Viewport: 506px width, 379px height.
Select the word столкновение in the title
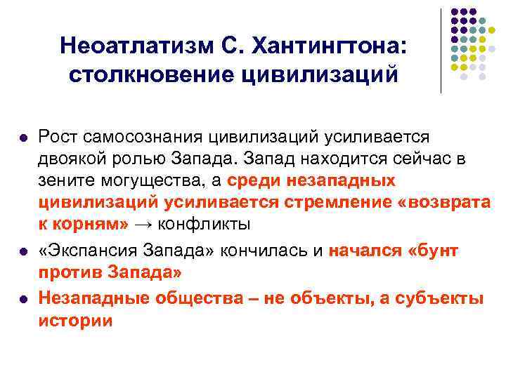point(145,73)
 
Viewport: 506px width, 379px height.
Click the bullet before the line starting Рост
point(24,137)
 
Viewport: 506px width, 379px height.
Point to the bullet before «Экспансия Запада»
point(24,251)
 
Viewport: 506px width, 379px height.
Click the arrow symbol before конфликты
point(143,226)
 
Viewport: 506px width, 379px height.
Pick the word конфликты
point(205,226)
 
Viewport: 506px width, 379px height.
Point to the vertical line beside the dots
point(441,49)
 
